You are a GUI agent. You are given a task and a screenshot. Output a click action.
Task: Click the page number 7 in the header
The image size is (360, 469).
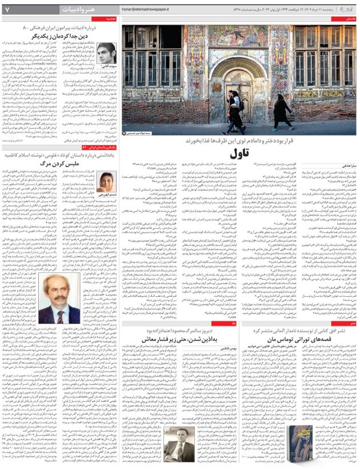point(6,10)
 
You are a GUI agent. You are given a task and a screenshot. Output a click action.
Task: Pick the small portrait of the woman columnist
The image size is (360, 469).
point(106,182)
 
